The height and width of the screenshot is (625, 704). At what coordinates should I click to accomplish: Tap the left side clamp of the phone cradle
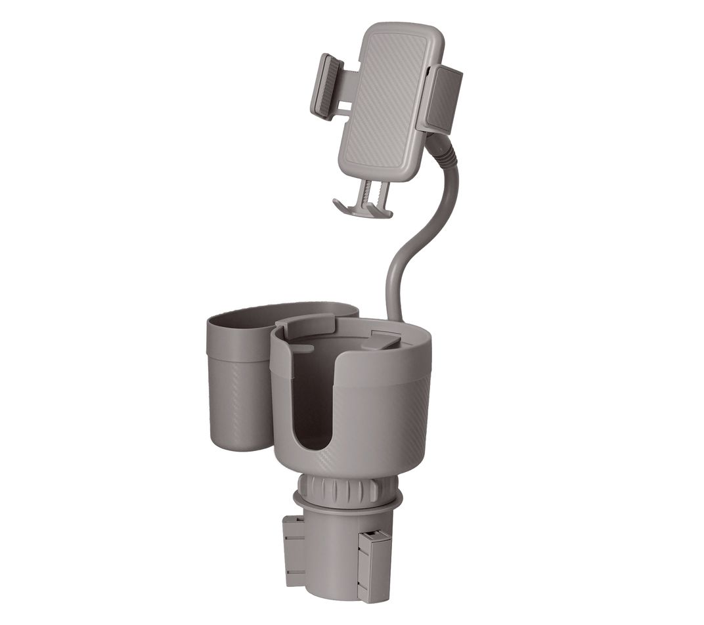[x=326, y=87]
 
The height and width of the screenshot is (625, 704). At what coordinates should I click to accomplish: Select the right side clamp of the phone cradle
[x=445, y=98]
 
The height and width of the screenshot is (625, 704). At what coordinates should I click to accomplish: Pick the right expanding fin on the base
[x=374, y=561]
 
